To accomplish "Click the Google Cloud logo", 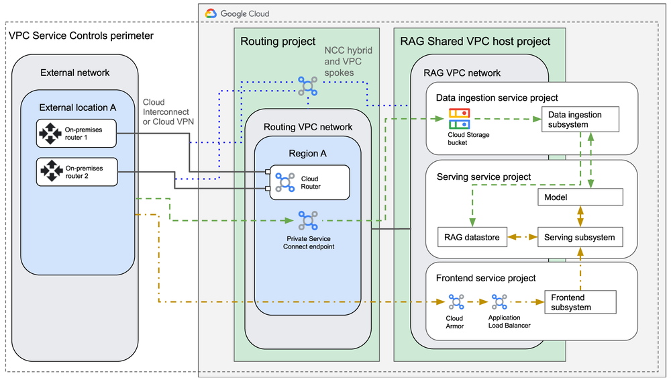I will click(x=211, y=13).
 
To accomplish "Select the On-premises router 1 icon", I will click(x=52, y=134).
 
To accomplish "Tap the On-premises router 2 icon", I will click(x=52, y=173).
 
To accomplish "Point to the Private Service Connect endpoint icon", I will click(x=307, y=220).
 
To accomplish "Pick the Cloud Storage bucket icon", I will click(x=460, y=119).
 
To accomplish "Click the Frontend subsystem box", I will click(x=580, y=302).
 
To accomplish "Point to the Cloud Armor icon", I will click(x=456, y=301).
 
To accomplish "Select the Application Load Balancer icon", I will click(x=499, y=301).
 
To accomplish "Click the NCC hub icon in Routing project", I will click(x=307, y=85).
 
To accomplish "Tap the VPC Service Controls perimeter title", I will click(x=81, y=36).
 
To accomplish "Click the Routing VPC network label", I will click(x=308, y=127).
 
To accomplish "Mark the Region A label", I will click(x=307, y=153).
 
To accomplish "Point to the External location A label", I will click(x=78, y=107).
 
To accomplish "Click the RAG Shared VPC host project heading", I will click(x=475, y=42).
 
